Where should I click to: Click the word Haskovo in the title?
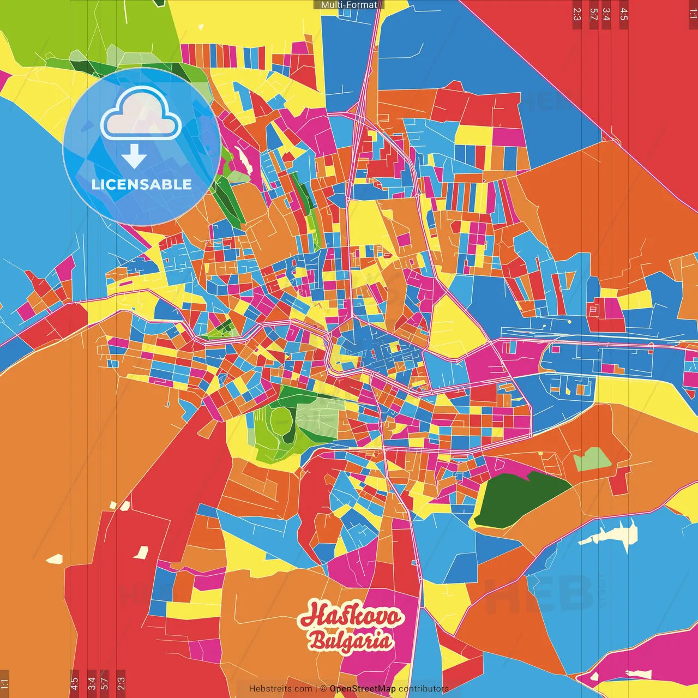[351, 616]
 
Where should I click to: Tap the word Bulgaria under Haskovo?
[351, 641]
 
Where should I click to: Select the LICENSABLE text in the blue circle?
[142, 184]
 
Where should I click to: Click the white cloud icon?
[141, 113]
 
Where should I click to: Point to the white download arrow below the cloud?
[134, 156]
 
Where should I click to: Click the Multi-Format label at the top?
[349, 5]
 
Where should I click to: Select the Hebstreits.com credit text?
[280, 689]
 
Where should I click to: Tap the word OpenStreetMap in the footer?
[362, 689]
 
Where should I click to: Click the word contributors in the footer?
[424, 689]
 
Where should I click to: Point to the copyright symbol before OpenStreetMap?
[323, 689]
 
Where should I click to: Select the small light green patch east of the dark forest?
[592, 460]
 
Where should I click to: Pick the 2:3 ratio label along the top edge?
[577, 14]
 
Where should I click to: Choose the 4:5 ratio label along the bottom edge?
[74, 683]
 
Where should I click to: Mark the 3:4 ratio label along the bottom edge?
[92, 683]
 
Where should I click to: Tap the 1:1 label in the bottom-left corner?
[4, 683]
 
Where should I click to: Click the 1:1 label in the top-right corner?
[693, 14]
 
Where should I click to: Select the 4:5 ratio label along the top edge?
[624, 14]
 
